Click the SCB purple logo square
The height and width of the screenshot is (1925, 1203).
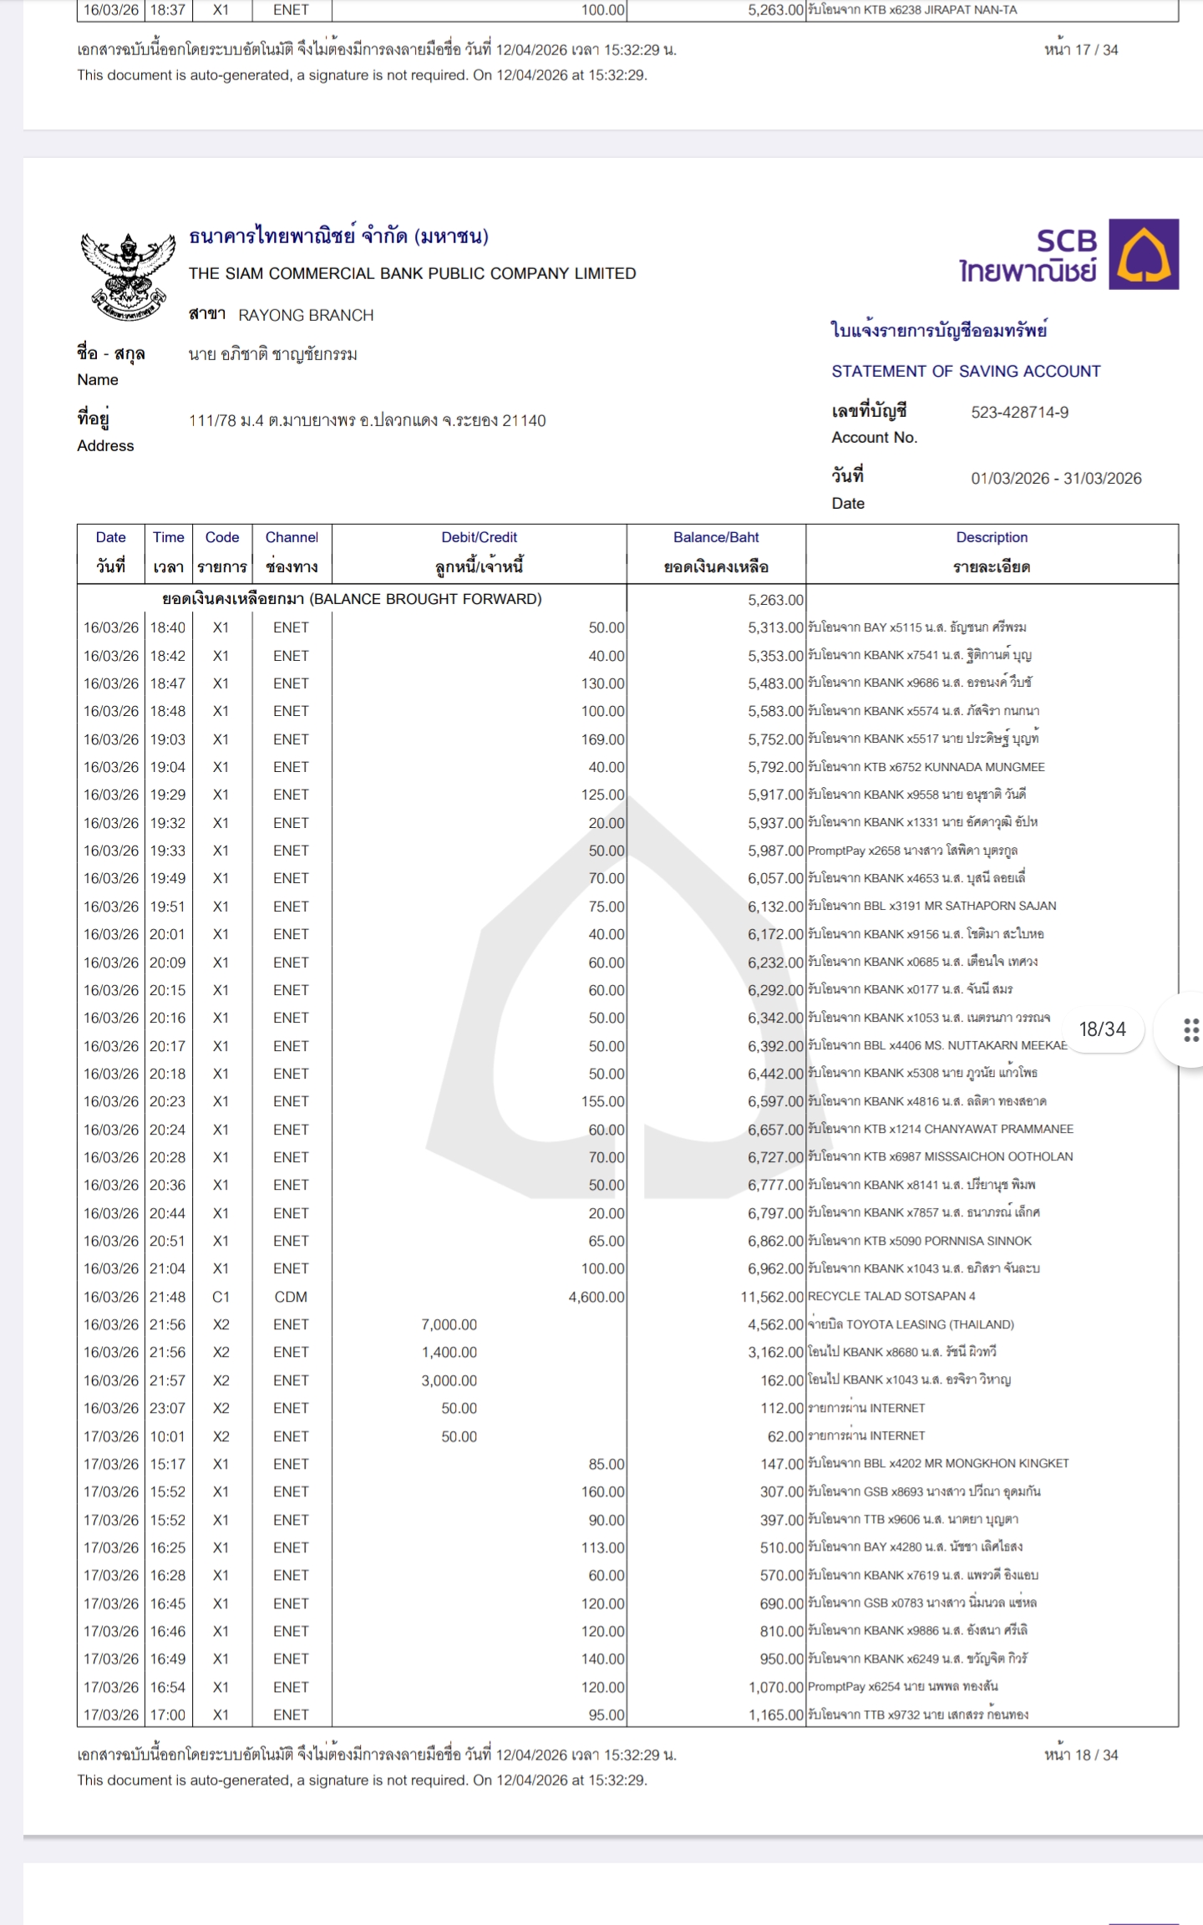(x=1143, y=254)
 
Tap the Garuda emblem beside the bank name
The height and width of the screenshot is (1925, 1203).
(x=127, y=275)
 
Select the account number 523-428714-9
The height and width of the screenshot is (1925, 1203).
(x=1019, y=412)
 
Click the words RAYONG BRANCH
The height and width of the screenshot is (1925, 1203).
(x=306, y=315)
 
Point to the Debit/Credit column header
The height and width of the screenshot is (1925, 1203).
(x=479, y=537)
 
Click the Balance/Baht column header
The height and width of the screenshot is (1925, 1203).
(x=716, y=537)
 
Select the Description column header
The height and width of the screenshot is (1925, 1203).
(x=992, y=537)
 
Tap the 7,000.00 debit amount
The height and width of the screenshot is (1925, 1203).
(x=449, y=1324)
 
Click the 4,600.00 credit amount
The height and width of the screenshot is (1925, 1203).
(x=596, y=1297)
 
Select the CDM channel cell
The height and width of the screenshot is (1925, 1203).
(x=291, y=1297)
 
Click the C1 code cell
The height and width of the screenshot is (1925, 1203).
(x=221, y=1297)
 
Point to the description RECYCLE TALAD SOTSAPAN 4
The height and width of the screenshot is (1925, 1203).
(x=891, y=1296)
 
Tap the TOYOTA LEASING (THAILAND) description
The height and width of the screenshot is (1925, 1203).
(x=911, y=1324)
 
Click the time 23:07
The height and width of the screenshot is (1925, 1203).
(x=167, y=1408)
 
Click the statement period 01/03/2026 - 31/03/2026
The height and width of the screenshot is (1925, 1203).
(x=1056, y=478)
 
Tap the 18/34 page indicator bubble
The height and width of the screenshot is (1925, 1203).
(x=1102, y=1029)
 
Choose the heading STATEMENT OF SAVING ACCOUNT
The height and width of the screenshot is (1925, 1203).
(x=966, y=371)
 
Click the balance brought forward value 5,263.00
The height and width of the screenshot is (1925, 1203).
(x=775, y=599)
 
